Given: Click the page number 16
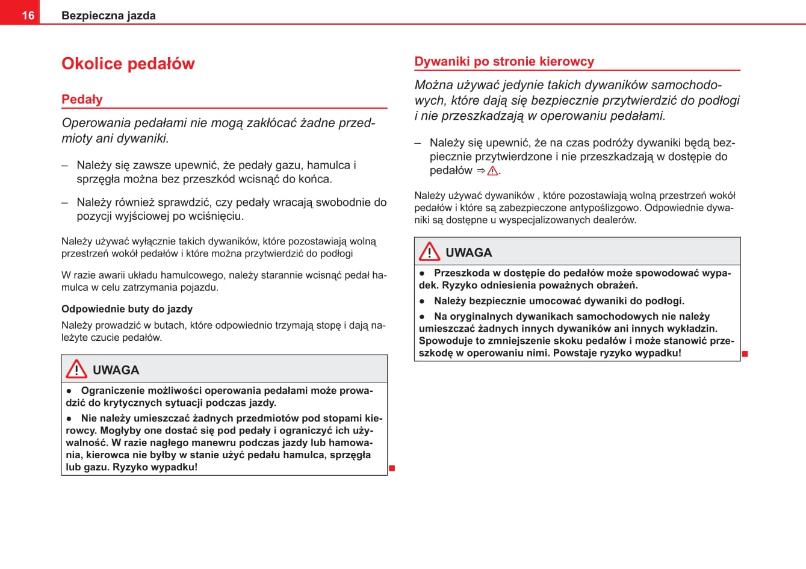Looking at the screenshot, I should [28, 16].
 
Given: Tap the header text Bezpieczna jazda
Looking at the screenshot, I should [108, 16].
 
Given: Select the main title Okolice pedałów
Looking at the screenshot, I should [128, 64].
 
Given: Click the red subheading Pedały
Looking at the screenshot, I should [82, 99].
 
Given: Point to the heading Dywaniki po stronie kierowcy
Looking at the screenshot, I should [504, 61].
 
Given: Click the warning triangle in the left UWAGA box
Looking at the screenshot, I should [76, 369].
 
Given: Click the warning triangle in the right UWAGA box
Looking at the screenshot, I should [429, 252].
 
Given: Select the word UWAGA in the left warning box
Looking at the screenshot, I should [116, 370].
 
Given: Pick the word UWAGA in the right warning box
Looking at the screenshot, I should [468, 253].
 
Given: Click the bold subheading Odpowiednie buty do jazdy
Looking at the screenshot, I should [127, 309].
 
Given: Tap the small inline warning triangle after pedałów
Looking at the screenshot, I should [493, 171].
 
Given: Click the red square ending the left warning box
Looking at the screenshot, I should [392, 468].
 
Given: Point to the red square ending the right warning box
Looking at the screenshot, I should [745, 353].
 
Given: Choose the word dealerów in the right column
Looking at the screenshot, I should [615, 220].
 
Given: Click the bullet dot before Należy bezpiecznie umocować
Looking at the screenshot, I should [423, 301].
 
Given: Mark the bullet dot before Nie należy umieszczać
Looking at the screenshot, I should [69, 418].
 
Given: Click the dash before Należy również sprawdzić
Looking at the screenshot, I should [65, 203].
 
